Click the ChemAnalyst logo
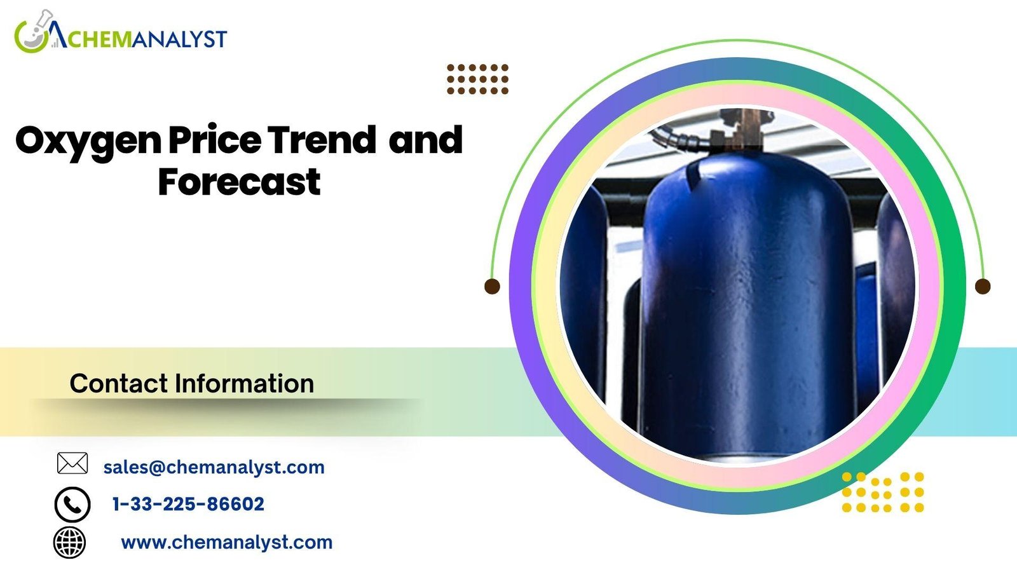pyautogui.click(x=120, y=32)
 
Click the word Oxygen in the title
pyautogui.click(x=88, y=142)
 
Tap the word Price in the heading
pyautogui.click(x=215, y=139)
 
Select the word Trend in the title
pyautogui.click(x=322, y=139)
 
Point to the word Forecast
pyautogui.click(x=239, y=182)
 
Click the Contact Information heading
pyautogui.click(x=191, y=383)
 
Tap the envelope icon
pyautogui.click(x=72, y=463)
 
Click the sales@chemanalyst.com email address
pyautogui.click(x=214, y=467)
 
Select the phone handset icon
pyautogui.click(x=72, y=505)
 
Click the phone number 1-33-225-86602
pyautogui.click(x=188, y=504)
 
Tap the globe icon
pyautogui.click(x=69, y=543)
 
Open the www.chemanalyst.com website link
pyautogui.click(x=226, y=543)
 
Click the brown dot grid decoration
pyautogui.click(x=477, y=79)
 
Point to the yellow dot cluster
pyautogui.click(x=883, y=492)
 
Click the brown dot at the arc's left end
pyautogui.click(x=492, y=287)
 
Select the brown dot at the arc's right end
pyautogui.click(x=983, y=287)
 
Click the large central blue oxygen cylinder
pyautogui.click(x=747, y=304)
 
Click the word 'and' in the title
pyautogui.click(x=425, y=139)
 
